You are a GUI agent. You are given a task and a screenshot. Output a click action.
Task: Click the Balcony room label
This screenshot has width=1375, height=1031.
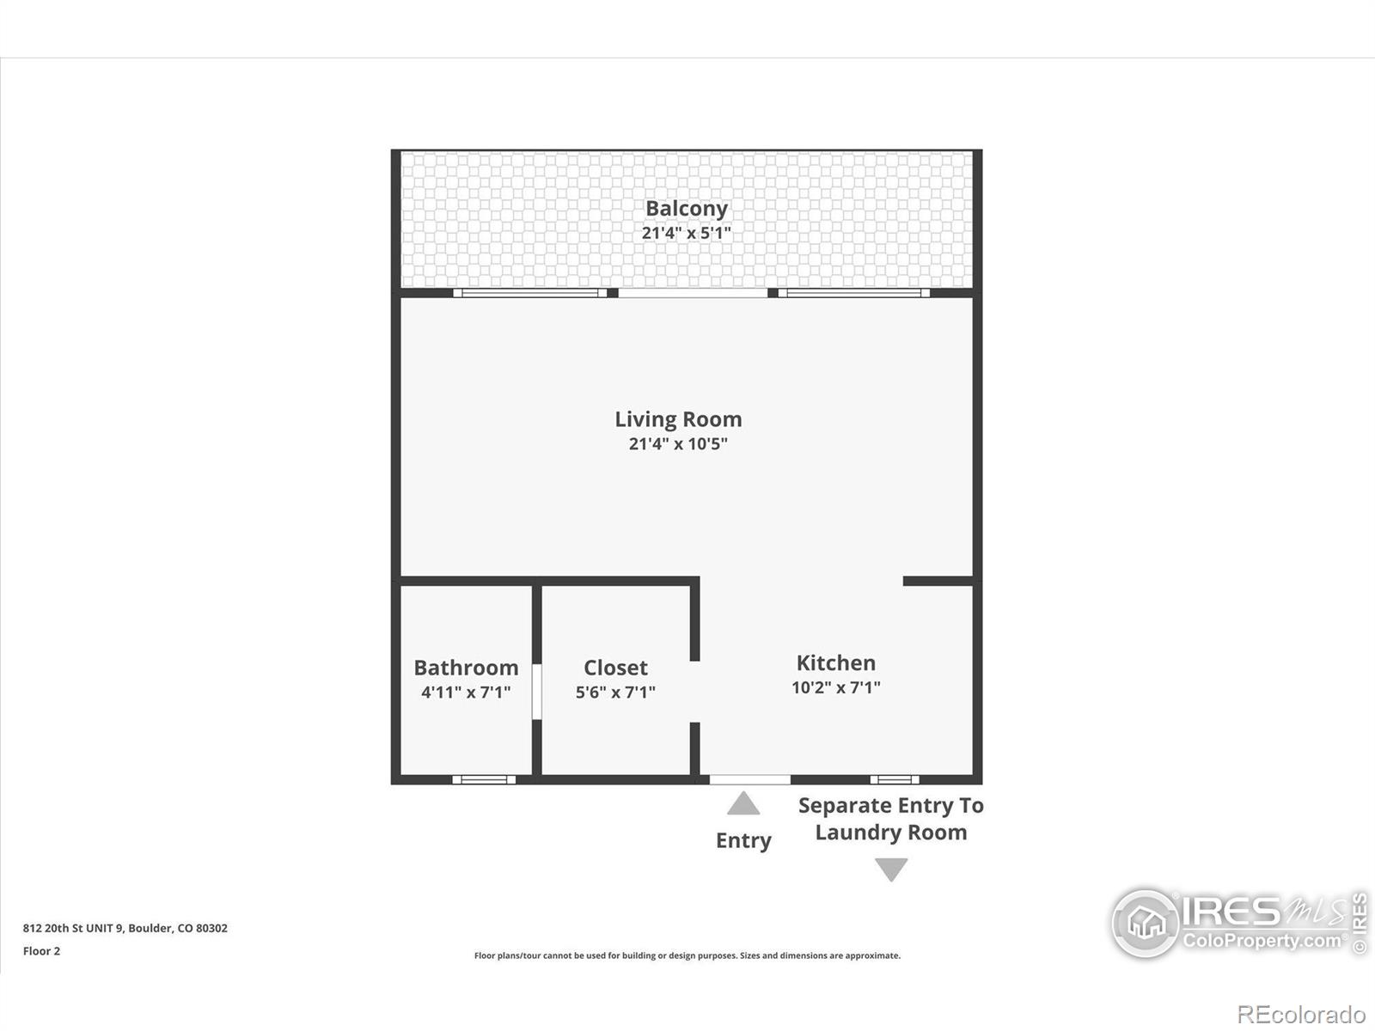click(x=686, y=209)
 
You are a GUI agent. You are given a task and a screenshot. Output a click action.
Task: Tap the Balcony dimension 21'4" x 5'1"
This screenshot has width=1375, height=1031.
click(x=686, y=233)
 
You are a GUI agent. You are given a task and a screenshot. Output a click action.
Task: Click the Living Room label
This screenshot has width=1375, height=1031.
click(x=678, y=419)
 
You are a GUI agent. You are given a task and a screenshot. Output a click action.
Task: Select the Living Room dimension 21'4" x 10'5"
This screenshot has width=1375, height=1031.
click(x=678, y=444)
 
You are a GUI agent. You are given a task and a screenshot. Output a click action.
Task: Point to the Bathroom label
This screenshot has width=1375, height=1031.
click(x=466, y=668)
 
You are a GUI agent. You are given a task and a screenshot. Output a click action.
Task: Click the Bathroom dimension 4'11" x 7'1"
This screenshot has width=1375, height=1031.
click(x=466, y=692)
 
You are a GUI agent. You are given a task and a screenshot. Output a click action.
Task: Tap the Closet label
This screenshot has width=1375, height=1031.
click(x=615, y=668)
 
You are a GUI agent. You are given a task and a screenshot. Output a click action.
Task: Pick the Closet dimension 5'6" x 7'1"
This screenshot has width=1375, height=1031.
click(x=615, y=692)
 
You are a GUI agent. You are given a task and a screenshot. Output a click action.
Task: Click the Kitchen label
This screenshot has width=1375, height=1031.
click(x=835, y=662)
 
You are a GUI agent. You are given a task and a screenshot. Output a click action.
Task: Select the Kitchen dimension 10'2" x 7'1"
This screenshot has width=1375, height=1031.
click(x=835, y=687)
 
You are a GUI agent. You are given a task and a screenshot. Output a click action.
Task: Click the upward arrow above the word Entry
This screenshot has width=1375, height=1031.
click(x=743, y=804)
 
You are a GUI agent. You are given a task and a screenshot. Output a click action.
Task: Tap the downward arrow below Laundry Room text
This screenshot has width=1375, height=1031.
click(x=891, y=869)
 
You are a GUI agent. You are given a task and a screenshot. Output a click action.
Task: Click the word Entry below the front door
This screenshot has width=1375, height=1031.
click(x=743, y=840)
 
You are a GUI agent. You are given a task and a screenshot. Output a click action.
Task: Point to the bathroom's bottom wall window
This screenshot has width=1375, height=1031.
click(x=484, y=779)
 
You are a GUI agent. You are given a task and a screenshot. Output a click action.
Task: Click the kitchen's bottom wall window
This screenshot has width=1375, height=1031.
click(x=894, y=779)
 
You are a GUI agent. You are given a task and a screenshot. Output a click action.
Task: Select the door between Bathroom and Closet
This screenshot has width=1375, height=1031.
click(x=536, y=691)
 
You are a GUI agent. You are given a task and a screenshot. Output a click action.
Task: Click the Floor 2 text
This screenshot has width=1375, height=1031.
click(x=41, y=951)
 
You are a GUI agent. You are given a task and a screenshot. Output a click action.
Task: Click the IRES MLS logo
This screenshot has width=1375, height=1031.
click(x=1237, y=923)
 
